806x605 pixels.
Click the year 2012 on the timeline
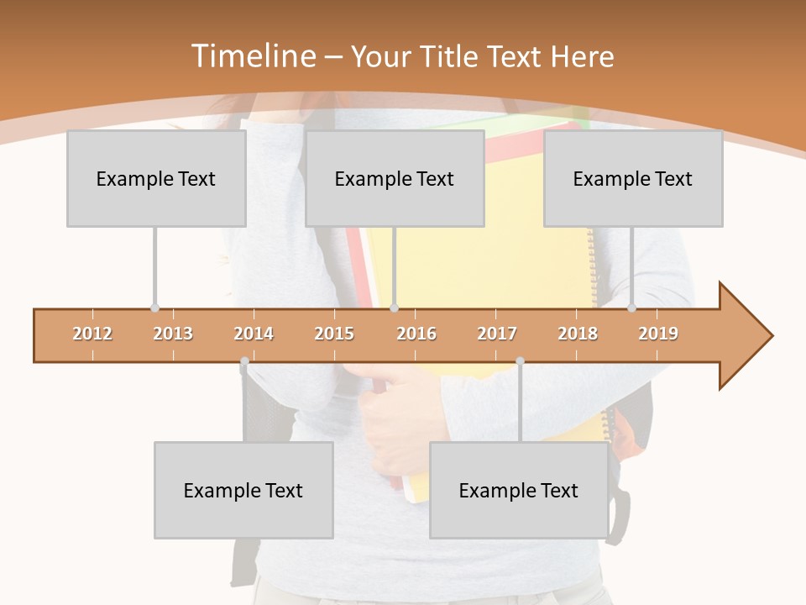92,334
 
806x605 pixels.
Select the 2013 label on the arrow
173,334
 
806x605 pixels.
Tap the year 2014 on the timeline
254,334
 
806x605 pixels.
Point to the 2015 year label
334,334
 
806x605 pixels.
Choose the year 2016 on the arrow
416,334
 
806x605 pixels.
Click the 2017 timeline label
497,334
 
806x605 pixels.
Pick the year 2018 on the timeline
578,334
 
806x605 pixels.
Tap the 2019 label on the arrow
658,334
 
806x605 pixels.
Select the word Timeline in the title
252,56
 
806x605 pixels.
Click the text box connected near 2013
156,178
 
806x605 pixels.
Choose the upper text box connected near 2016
395,178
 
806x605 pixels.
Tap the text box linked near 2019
633,178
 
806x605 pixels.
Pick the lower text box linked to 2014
243,490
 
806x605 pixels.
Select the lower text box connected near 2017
519,490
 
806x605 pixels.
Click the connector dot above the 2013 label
154,308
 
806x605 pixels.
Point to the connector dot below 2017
520,361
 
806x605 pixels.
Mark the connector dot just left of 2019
632,308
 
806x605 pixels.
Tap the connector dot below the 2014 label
244,361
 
